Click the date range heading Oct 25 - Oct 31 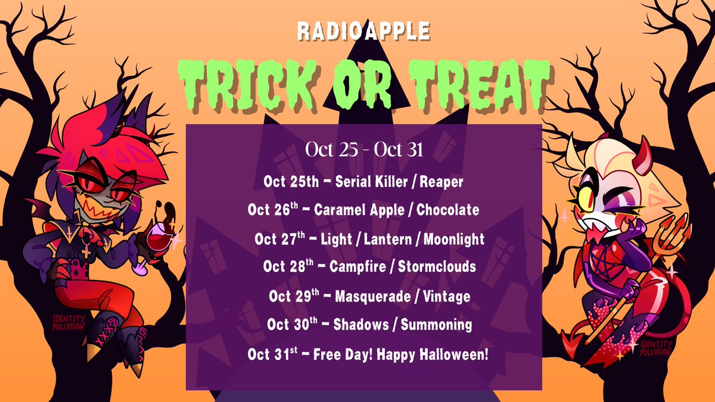363,149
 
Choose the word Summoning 437,325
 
